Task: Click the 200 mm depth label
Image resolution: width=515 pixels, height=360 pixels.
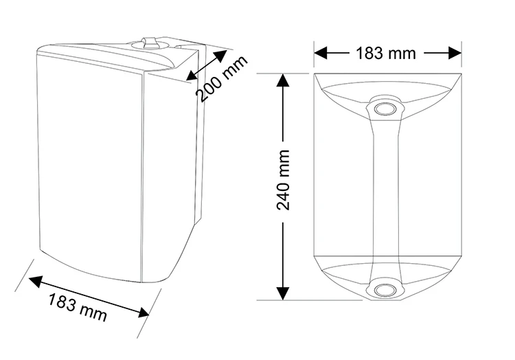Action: [x=222, y=79]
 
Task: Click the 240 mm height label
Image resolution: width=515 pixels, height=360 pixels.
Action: [x=283, y=180]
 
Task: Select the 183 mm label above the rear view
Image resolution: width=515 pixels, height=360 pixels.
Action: [x=386, y=53]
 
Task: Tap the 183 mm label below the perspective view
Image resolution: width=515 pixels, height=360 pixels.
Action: [x=78, y=308]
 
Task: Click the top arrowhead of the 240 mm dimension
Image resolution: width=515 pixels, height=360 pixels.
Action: [x=283, y=80]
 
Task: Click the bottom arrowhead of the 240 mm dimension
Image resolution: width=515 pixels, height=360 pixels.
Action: [x=283, y=293]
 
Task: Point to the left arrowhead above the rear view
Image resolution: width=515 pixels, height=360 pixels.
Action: [x=321, y=53]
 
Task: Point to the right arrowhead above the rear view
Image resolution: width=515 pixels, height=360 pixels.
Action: [x=455, y=53]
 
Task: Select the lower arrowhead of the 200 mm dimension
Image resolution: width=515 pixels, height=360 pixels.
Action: [x=192, y=75]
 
